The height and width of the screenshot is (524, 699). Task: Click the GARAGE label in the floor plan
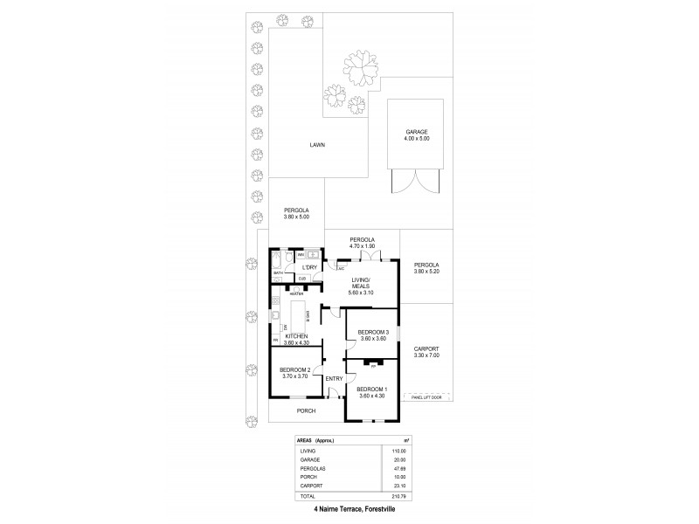click(x=417, y=132)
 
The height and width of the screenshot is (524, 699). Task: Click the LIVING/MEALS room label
click(x=362, y=283)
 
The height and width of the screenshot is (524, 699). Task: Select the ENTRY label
click(x=334, y=378)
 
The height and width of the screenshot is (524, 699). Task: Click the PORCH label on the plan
click(x=305, y=410)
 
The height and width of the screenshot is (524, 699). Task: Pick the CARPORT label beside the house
click(x=426, y=348)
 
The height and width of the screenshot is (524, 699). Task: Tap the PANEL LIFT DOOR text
click(x=425, y=396)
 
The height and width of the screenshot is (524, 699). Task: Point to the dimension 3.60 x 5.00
click(x=296, y=217)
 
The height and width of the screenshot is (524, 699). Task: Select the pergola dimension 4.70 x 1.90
click(x=362, y=246)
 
